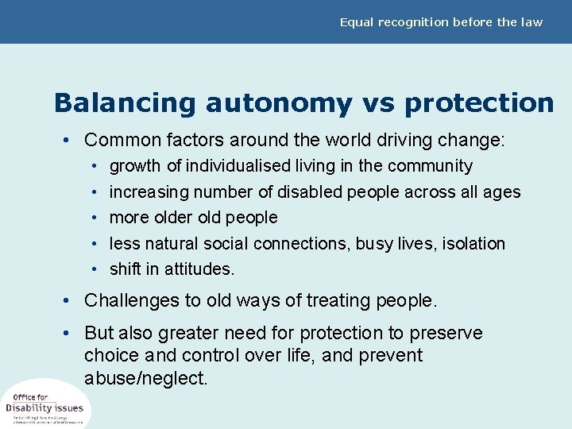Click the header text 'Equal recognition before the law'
pyautogui.click(x=441, y=22)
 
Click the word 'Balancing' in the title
pyautogui.click(x=124, y=103)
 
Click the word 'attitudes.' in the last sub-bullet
pyautogui.click(x=199, y=269)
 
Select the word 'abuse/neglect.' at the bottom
pyautogui.click(x=146, y=378)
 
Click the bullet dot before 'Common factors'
pyautogui.click(x=71, y=141)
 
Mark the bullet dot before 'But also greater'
pyautogui.click(x=71, y=334)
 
